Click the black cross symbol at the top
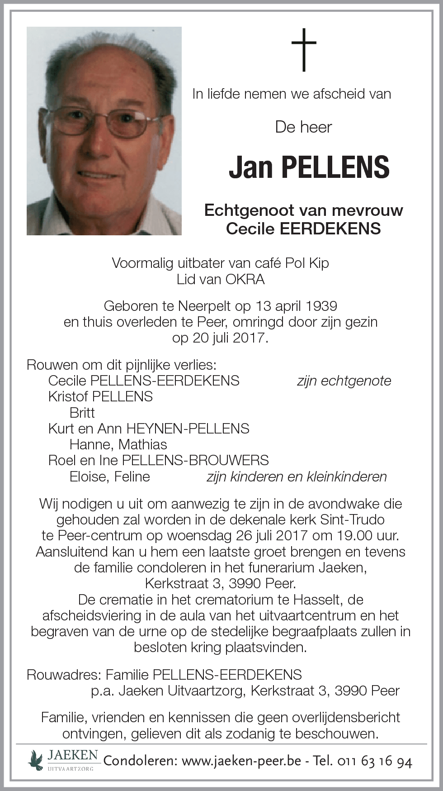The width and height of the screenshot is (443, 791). pos(304,50)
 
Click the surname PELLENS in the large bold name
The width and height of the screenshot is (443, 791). pos(335,167)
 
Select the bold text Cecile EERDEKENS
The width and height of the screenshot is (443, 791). pos(303,229)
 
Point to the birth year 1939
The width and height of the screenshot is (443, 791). pos(321,306)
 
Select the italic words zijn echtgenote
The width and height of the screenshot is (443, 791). pos(344,381)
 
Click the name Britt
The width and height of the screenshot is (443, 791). pos(82,412)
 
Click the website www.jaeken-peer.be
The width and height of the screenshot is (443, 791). pos(241,761)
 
